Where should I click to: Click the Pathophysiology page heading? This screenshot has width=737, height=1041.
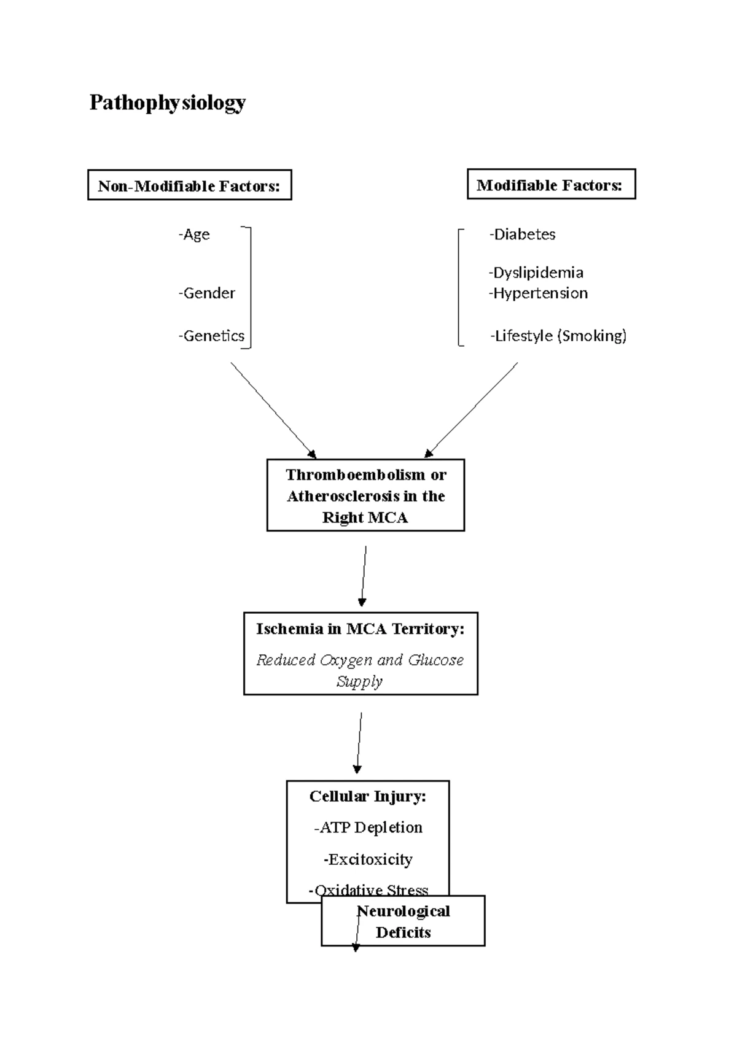coord(167,103)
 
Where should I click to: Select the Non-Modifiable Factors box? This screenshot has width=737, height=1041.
coord(189,185)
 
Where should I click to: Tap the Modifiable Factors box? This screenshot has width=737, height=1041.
coord(550,185)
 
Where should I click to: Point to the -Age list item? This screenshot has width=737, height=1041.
coord(194,234)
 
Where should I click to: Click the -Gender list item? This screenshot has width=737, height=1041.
coord(207,293)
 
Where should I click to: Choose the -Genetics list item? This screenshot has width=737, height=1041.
coord(212,336)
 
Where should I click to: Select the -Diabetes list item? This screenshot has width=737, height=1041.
coord(522,234)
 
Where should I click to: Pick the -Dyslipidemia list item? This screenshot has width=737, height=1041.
coord(536,273)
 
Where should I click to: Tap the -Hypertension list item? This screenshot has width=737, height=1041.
coord(538,293)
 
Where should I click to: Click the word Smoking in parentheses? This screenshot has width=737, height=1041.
coord(592,336)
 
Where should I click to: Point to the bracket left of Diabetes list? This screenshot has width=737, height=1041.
coord(459,287)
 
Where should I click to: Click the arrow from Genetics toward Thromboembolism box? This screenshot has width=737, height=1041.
coord(273,410)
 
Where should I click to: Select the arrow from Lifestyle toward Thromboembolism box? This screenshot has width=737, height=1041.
coord(472,409)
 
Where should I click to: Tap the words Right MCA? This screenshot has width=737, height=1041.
coord(365,517)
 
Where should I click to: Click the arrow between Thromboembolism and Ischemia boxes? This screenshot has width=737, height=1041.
coord(364,576)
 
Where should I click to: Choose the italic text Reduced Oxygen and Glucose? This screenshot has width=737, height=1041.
coord(360,660)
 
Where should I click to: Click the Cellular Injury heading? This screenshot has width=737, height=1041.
coord(367,797)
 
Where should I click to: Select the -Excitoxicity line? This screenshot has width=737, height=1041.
coord(367,859)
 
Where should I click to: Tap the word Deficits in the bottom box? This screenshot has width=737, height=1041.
coord(403,932)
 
